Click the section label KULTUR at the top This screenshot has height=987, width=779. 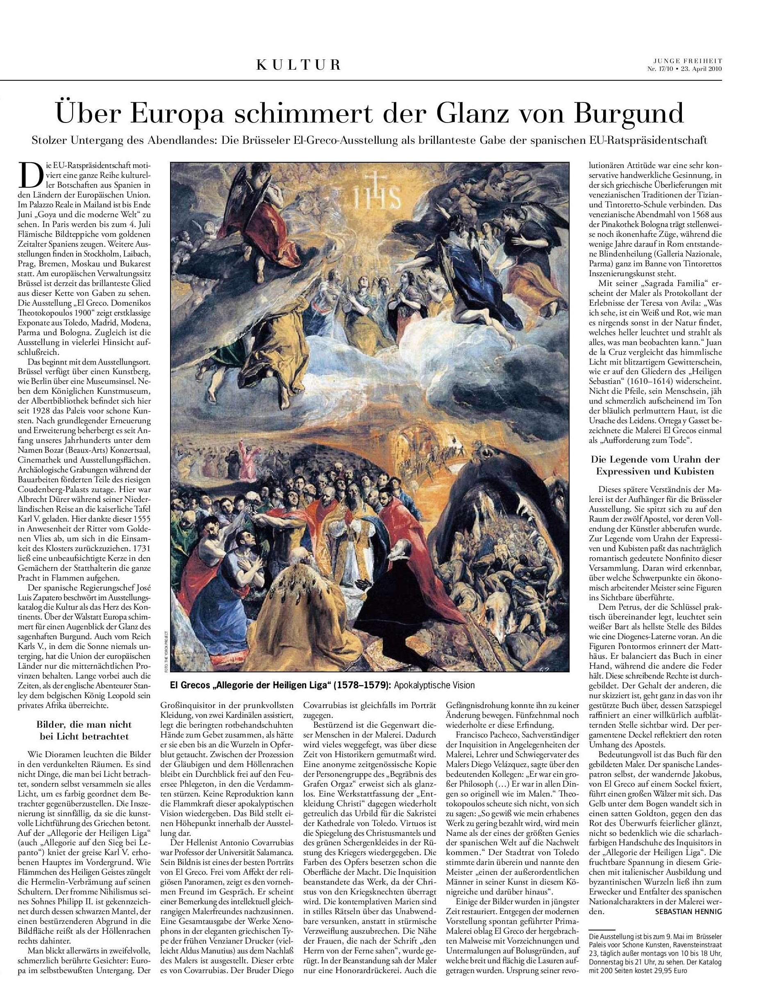(298, 65)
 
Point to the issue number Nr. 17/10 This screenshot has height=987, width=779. (661, 69)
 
